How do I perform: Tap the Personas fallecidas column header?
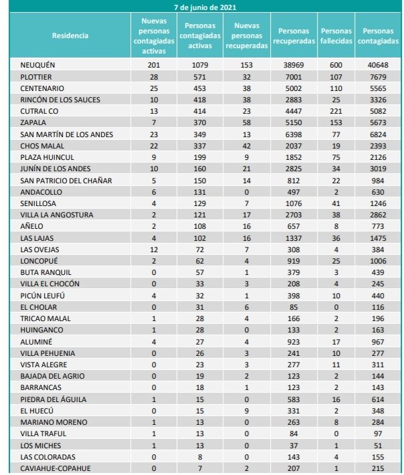point(336,35)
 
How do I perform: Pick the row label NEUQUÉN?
point(37,65)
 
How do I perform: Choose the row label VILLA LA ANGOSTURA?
point(56,215)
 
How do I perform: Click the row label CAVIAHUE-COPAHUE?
point(55,469)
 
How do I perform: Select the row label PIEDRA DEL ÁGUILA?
point(54,399)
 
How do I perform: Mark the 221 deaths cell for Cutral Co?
point(336,112)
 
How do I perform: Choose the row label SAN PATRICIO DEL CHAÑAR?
point(66,181)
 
